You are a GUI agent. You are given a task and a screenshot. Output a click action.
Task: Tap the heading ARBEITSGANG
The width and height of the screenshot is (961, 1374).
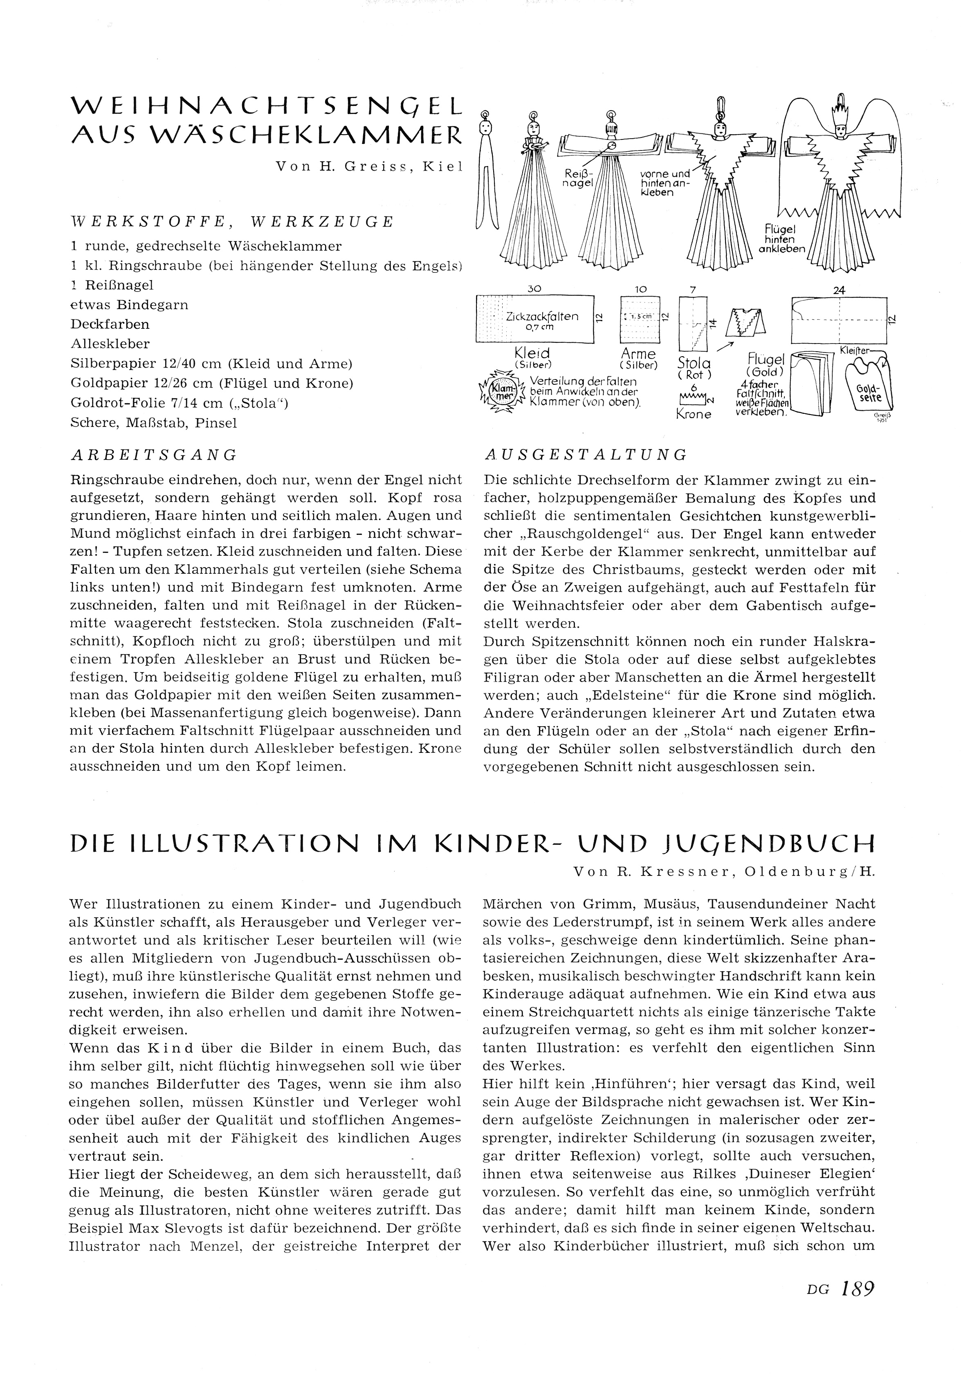click(x=154, y=455)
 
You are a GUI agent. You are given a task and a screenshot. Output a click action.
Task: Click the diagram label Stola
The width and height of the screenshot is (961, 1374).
click(x=694, y=363)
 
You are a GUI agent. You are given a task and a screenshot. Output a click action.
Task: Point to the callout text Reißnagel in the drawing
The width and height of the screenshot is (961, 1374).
click(x=579, y=178)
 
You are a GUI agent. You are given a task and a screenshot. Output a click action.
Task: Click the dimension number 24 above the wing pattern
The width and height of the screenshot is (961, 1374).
click(x=839, y=290)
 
